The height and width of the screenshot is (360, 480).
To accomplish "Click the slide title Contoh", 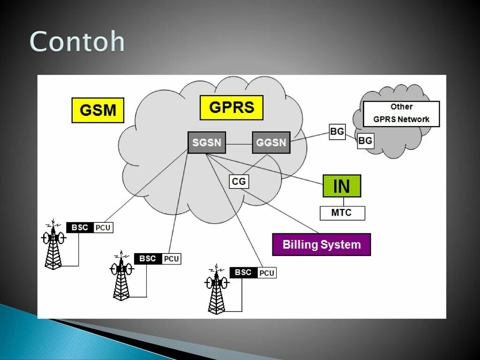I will pyautogui.click(x=77, y=42).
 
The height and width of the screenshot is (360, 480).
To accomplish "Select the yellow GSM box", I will pyautogui.click(x=97, y=110).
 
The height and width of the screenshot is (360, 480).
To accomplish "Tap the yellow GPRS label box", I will pyautogui.click(x=232, y=108).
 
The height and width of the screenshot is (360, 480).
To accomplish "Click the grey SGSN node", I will pyautogui.click(x=207, y=142).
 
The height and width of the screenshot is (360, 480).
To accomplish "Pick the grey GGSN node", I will pyautogui.click(x=271, y=142).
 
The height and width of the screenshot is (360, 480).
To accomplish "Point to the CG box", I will pyautogui.click(x=239, y=181).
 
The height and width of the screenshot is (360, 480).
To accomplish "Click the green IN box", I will pyautogui.click(x=342, y=186).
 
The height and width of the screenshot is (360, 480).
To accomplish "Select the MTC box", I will pyautogui.click(x=342, y=213).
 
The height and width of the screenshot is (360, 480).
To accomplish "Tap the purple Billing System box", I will pyautogui.click(x=322, y=244).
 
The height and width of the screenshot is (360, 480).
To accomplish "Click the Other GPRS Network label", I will pyautogui.click(x=401, y=113).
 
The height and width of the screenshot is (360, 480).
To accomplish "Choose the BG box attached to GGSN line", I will pyautogui.click(x=337, y=132).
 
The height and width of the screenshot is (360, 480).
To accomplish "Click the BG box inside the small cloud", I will pyautogui.click(x=366, y=141).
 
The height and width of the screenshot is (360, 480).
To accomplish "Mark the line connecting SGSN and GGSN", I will pyautogui.click(x=239, y=142).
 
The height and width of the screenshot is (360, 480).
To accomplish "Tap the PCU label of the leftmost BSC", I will pyautogui.click(x=103, y=228).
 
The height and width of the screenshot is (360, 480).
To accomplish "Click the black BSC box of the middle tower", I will pyautogui.click(x=148, y=259).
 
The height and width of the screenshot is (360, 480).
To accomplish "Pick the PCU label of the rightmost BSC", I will pyautogui.click(x=267, y=273).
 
